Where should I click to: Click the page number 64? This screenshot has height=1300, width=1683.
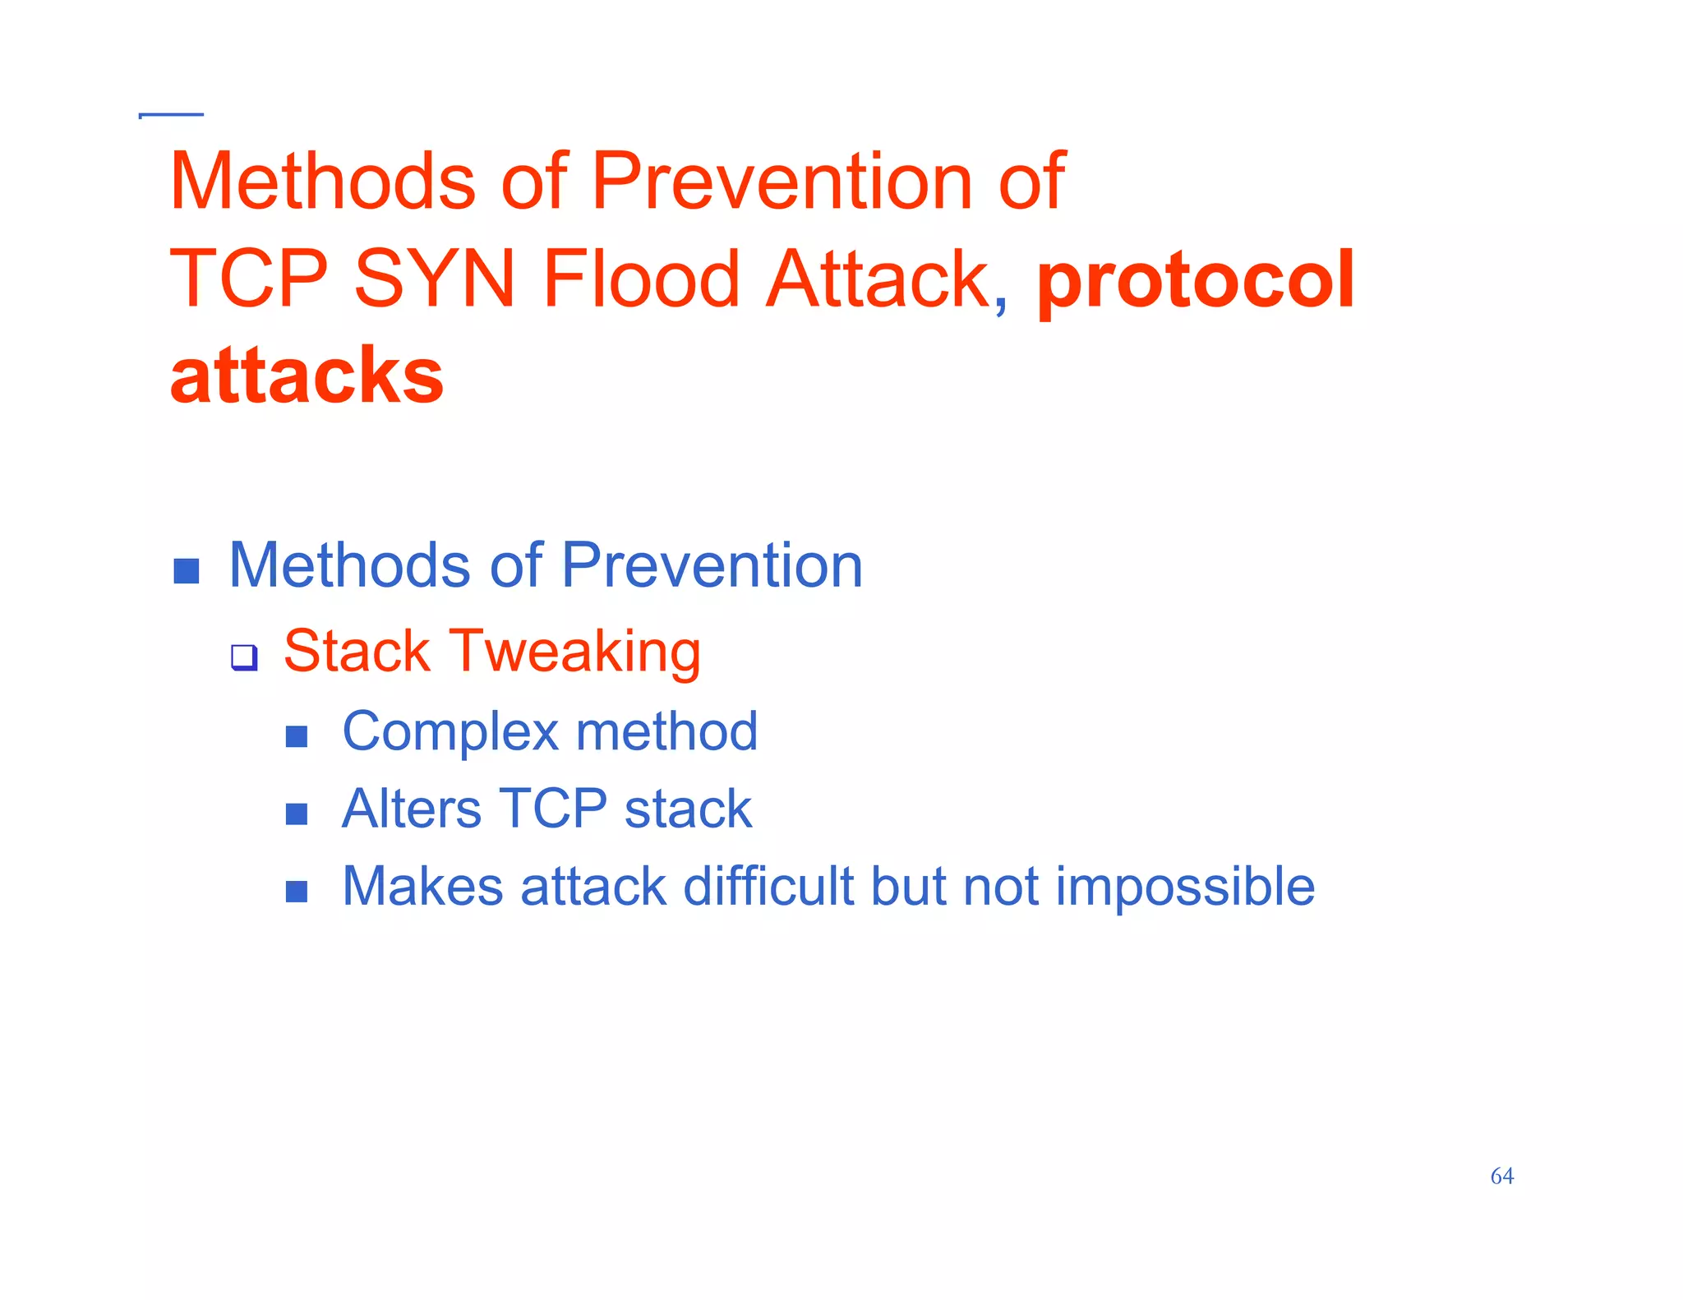coord(1501,1176)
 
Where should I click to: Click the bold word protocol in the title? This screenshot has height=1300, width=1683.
coord(1195,281)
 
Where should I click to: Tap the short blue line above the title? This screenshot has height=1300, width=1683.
coord(172,115)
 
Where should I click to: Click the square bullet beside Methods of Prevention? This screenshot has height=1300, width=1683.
coord(187,571)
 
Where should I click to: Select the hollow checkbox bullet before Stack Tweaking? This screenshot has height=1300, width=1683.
coord(244,657)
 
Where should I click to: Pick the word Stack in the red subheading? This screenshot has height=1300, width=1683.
coord(357,651)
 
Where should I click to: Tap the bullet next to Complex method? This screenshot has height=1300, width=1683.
coord(297,736)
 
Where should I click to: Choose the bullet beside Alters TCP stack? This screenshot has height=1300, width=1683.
coord(297,814)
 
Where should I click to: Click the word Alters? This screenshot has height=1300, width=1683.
coord(411,809)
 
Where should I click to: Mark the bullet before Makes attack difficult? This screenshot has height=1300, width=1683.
coord(297,891)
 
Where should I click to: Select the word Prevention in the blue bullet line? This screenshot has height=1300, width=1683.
coord(712,566)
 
